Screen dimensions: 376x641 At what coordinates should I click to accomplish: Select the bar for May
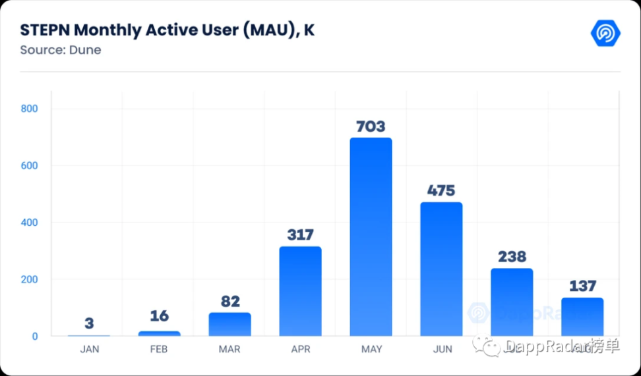[x=371, y=237]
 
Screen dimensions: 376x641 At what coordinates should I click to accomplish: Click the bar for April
[x=300, y=291]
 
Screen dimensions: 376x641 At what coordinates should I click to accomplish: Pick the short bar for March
[x=229, y=324]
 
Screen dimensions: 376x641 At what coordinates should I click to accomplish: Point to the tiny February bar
[x=159, y=333]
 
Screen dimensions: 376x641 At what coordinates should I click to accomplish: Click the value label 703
[x=371, y=126]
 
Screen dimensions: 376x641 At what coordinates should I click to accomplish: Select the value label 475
[x=441, y=191]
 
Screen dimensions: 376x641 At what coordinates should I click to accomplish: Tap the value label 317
[x=300, y=235]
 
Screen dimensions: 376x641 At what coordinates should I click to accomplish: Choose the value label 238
[x=512, y=257]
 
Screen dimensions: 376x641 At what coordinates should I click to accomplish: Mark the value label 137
[x=582, y=286]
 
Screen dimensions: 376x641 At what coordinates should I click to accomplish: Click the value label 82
[x=229, y=302]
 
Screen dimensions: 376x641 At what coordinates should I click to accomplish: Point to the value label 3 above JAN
[x=89, y=323]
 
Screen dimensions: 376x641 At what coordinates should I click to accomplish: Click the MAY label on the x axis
[x=371, y=350]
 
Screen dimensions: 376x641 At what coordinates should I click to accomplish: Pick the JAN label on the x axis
[x=89, y=350]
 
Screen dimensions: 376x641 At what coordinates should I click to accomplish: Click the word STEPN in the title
[x=45, y=30]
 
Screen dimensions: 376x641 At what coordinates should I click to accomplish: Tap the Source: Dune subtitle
[x=60, y=50]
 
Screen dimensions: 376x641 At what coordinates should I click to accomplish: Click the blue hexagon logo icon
[x=605, y=33]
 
